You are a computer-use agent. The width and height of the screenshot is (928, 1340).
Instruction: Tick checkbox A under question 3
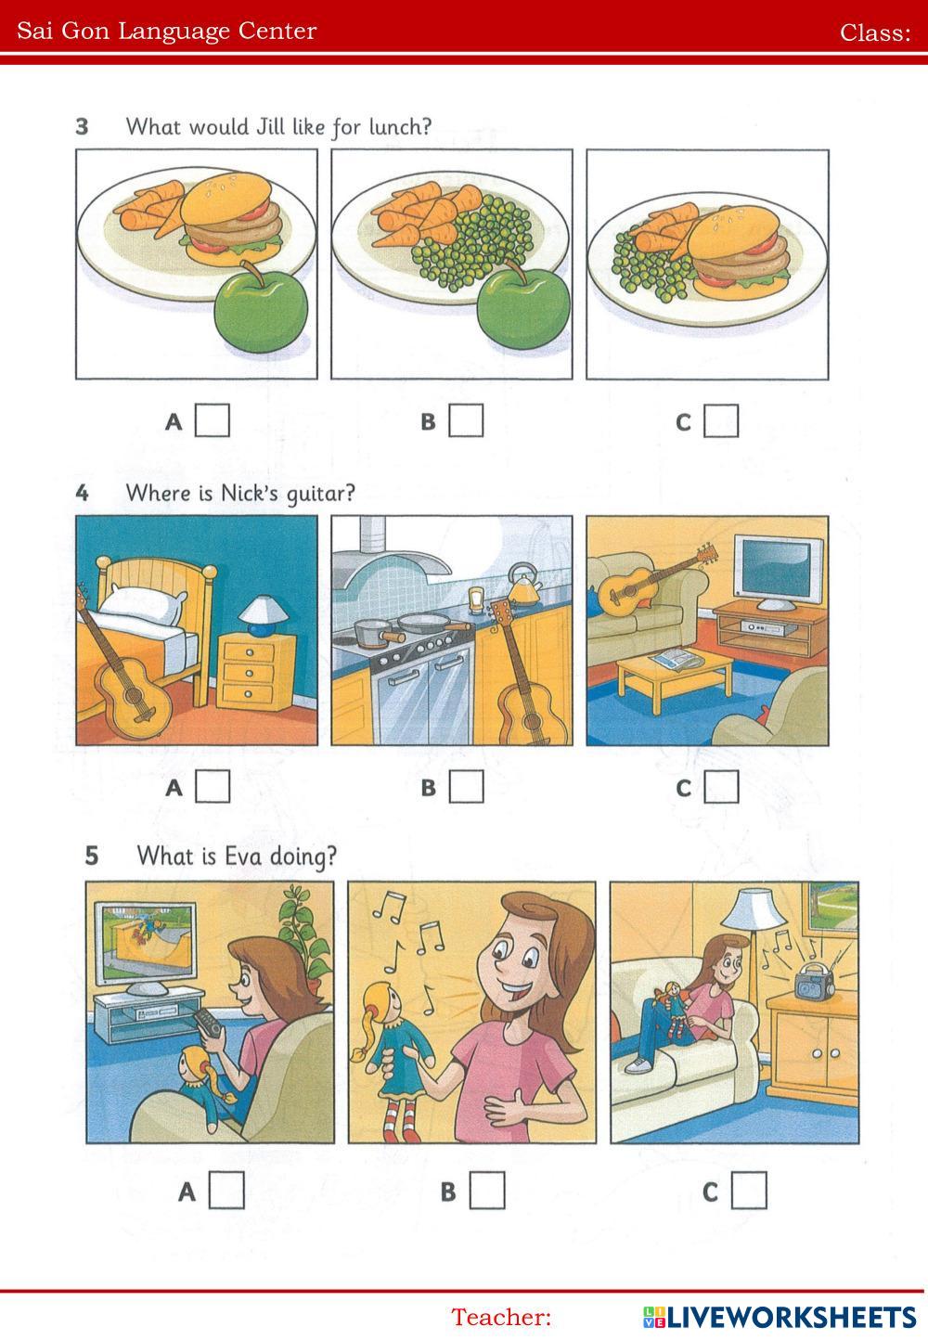[213, 420]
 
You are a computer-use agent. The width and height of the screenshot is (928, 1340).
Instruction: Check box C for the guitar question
[721, 786]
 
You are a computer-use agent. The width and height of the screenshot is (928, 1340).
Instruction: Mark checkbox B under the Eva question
[487, 1191]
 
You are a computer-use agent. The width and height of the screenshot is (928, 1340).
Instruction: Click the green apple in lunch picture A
[262, 305]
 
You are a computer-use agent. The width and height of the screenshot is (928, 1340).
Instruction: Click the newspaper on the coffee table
[677, 658]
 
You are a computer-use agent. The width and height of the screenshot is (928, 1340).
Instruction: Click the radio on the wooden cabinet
[814, 982]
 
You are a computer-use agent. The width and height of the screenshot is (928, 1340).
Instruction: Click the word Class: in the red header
[875, 32]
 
